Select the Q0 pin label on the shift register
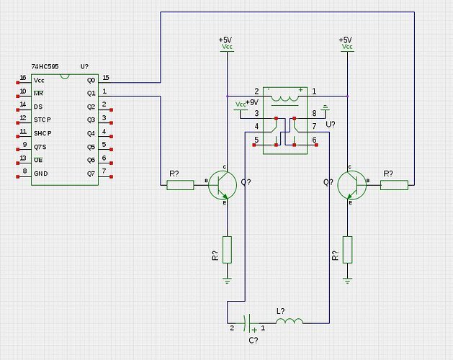[91, 80]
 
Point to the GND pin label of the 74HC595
[40, 174]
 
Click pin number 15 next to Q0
[106, 77]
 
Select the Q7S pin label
[40, 147]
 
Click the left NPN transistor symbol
[223, 185]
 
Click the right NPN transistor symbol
[351, 185]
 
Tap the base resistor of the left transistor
[180, 185]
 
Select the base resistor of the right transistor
[393, 185]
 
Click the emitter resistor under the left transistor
[228, 249]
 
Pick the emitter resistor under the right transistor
[347, 249]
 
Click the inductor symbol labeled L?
[289, 320]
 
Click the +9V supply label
[251, 103]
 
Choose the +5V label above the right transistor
[346, 40]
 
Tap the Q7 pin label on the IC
[91, 174]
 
